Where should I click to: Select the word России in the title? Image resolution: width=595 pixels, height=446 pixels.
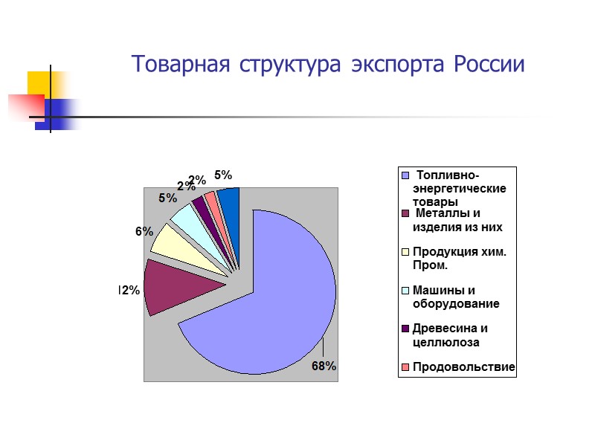(492, 65)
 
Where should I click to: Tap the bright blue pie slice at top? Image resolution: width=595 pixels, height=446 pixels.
(230, 201)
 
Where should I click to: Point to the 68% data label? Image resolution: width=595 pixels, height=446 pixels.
(324, 366)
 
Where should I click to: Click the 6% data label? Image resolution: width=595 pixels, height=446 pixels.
(144, 231)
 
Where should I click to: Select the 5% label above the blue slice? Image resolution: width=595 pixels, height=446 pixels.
(223, 175)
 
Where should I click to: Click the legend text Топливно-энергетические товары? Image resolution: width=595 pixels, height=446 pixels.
(459, 189)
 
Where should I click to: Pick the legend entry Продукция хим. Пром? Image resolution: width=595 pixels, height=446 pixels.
(459, 258)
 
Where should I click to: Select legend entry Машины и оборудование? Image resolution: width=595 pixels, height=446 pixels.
(455, 297)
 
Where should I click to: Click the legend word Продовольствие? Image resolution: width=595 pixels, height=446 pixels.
(463, 367)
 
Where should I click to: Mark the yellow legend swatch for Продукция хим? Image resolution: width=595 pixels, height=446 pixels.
(405, 252)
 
